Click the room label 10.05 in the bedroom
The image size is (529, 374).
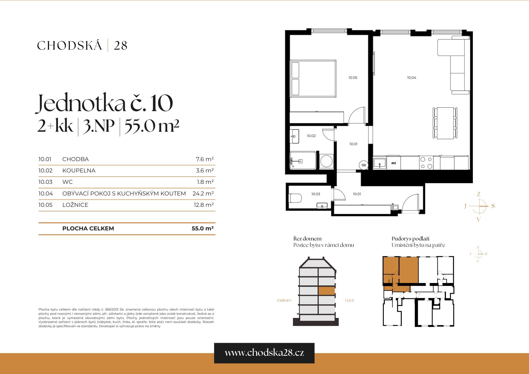tap(353, 78)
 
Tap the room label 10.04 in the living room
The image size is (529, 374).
tap(411, 78)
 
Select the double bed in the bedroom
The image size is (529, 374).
tap(313, 79)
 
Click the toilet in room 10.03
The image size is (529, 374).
tap(295, 198)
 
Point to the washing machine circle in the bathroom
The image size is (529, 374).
tap(326, 161)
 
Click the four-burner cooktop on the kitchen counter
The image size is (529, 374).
tap(426, 163)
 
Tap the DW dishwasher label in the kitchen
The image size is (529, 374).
tap(394, 163)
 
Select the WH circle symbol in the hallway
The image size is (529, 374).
tap(364, 165)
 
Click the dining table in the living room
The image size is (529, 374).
tap(445, 123)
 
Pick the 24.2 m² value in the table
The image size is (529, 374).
tap(203, 194)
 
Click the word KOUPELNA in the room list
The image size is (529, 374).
tap(79, 171)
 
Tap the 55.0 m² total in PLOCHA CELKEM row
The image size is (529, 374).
tap(202, 229)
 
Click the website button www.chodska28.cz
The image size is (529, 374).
tap(264, 353)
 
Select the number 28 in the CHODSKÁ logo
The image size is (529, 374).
tap(120, 46)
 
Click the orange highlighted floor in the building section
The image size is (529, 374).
tap(326, 291)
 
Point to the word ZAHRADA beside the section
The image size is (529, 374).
tap(284, 300)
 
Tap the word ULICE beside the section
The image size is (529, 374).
tap(349, 300)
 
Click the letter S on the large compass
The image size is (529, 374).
tap(493, 206)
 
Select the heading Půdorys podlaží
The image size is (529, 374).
tap(410, 239)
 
